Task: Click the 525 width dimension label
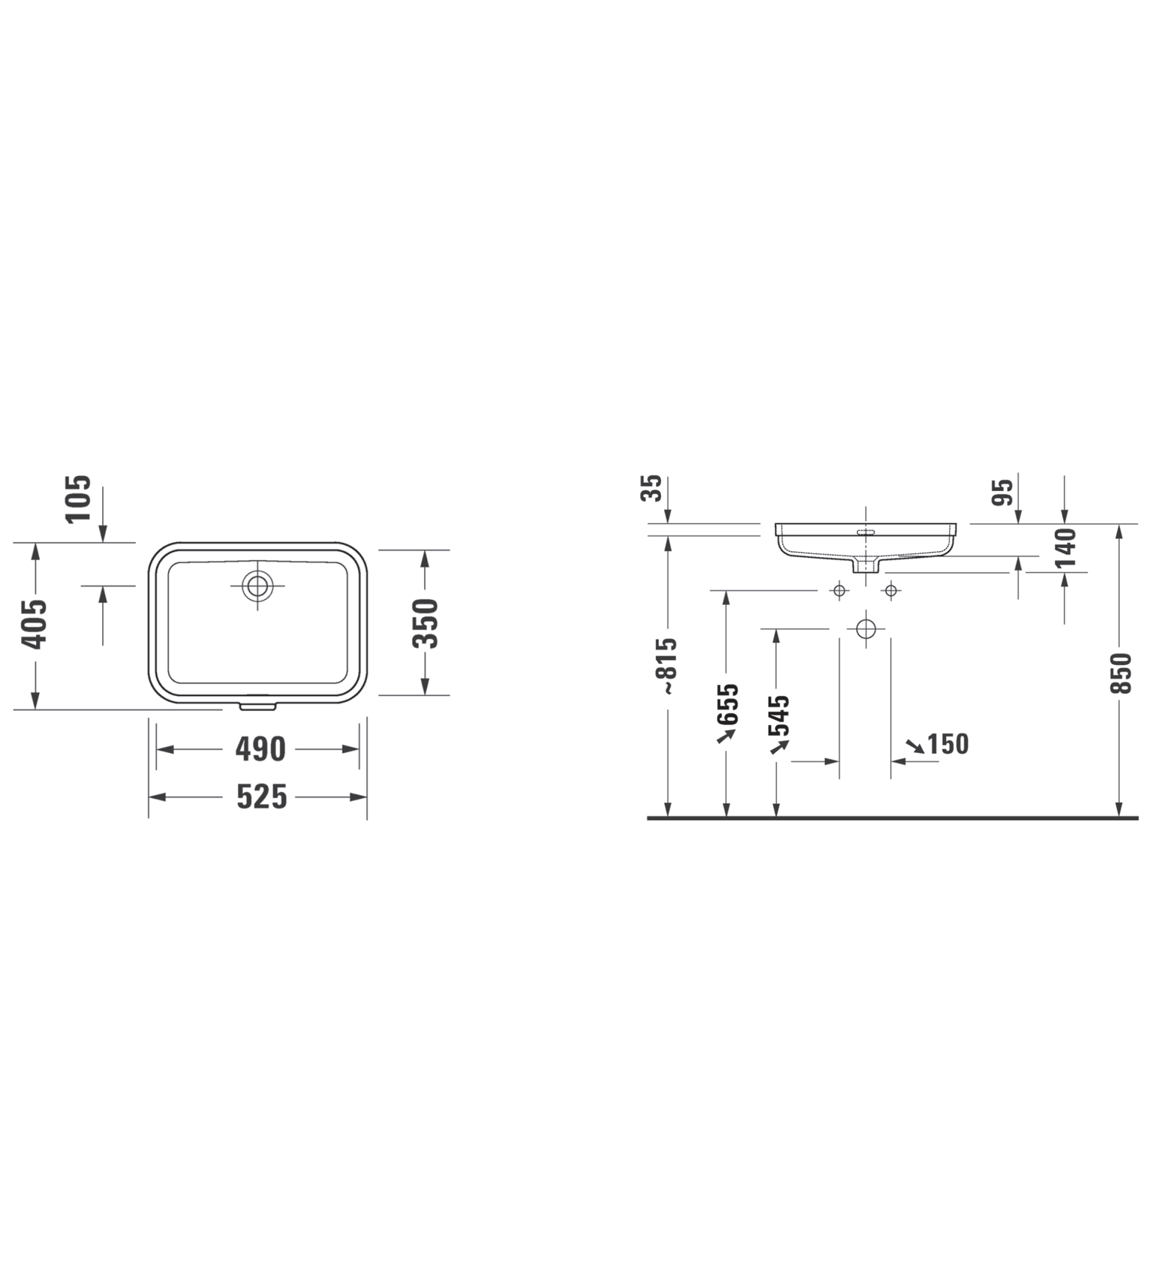(262, 797)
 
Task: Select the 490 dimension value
(260, 749)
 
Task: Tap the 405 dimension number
(35, 624)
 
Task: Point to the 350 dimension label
(425, 624)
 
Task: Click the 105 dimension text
(79, 499)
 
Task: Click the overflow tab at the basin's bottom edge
(258, 705)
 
